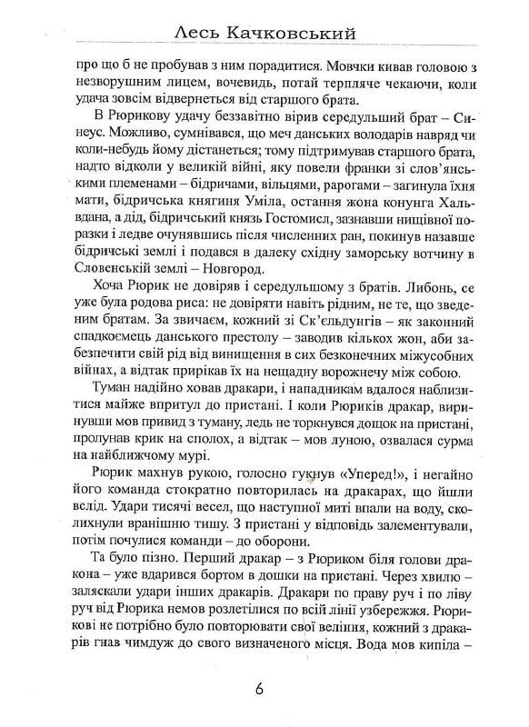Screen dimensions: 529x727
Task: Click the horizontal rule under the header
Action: pos(264,49)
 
